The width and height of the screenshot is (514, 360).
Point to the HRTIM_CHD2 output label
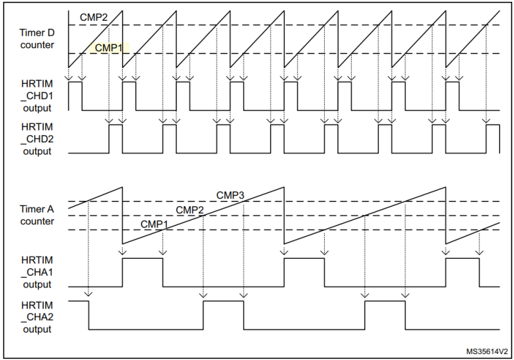[x=37, y=138]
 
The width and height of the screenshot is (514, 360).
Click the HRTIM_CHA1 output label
[x=37, y=272]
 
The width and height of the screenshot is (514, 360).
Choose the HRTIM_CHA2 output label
[x=37, y=317]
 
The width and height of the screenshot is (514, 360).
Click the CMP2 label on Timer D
[x=94, y=16]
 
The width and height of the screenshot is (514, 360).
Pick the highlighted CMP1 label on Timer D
[x=108, y=48]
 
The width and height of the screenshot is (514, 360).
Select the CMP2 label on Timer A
[x=190, y=209]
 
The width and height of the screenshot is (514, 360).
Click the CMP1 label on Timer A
[x=155, y=224]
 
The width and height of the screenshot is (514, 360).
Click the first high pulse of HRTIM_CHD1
[x=75, y=96]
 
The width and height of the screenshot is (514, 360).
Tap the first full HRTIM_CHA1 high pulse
[x=142, y=272]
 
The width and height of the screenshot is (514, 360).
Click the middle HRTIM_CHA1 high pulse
[x=304, y=272]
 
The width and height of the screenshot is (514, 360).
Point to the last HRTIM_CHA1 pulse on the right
[x=462, y=272]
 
